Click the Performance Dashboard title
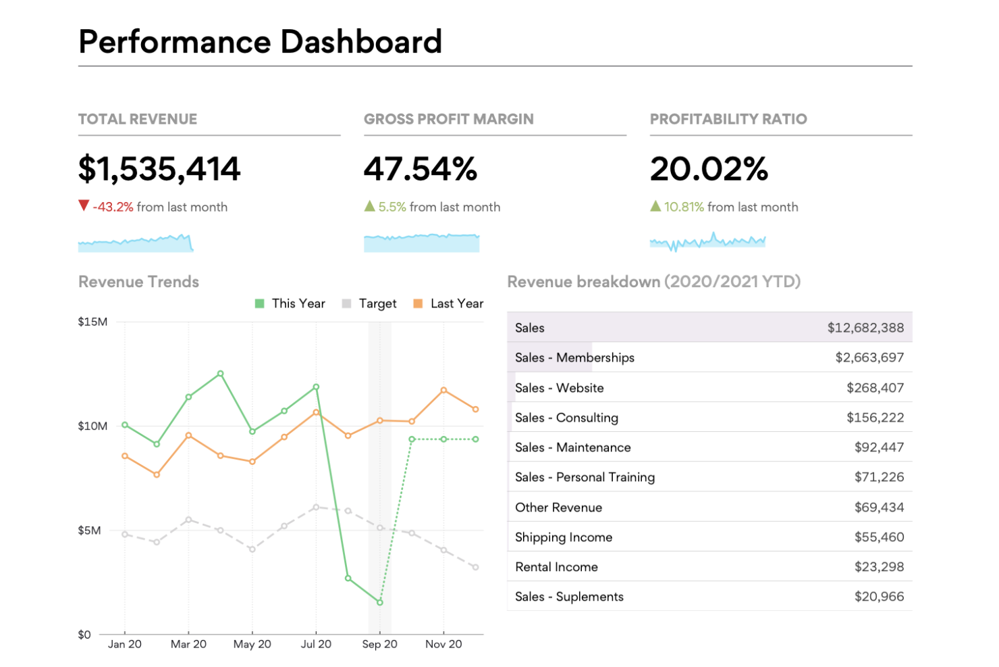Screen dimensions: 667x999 click(260, 42)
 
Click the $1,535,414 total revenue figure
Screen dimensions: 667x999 click(159, 169)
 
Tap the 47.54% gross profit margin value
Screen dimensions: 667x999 click(420, 169)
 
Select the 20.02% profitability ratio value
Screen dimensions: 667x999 click(709, 169)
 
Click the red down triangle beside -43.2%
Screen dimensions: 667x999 click(84, 205)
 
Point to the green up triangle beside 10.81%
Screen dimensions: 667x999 click(655, 206)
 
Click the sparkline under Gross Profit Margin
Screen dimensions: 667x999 click(421, 243)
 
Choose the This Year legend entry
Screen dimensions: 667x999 click(290, 303)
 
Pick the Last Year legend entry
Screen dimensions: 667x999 click(449, 303)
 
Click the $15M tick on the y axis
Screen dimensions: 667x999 click(92, 322)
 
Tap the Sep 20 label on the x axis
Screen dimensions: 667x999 click(379, 644)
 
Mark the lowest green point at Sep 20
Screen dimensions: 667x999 click(380, 602)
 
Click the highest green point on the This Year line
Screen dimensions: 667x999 click(221, 374)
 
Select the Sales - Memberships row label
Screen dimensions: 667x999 click(574, 357)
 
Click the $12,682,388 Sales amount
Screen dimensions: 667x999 click(865, 328)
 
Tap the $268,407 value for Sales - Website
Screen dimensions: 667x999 click(875, 388)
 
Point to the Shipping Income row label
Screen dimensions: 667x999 click(564, 537)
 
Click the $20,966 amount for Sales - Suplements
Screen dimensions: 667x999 click(879, 597)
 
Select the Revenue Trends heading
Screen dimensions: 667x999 click(138, 282)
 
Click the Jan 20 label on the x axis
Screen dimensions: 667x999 click(125, 644)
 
